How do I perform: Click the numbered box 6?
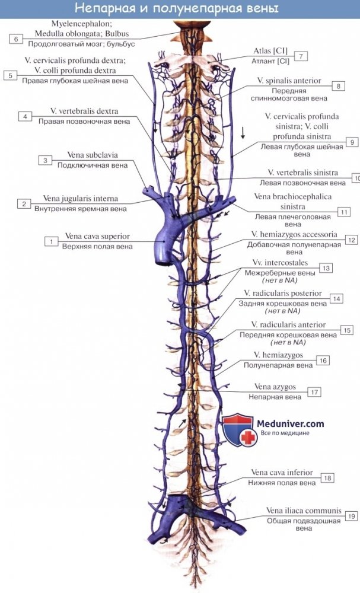(16, 39)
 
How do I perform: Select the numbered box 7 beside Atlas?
(301, 56)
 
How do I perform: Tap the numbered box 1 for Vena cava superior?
(51, 241)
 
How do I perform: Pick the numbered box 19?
(352, 516)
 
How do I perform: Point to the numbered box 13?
(326, 268)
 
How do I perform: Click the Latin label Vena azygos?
(275, 387)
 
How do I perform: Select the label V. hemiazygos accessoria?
(294, 234)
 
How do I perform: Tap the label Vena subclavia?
(93, 155)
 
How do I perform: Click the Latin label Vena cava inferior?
(282, 473)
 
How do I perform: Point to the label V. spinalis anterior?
(289, 81)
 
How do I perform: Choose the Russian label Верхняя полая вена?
(98, 247)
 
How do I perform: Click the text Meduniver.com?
(291, 423)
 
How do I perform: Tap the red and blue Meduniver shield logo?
(238, 430)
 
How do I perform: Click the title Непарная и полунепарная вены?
(177, 8)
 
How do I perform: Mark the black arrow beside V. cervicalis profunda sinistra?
(243, 132)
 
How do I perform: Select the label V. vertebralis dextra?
(84, 111)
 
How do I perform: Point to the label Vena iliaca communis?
(304, 511)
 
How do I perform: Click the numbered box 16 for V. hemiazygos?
(323, 361)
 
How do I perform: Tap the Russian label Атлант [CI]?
(270, 61)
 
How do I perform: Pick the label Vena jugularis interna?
(81, 199)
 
